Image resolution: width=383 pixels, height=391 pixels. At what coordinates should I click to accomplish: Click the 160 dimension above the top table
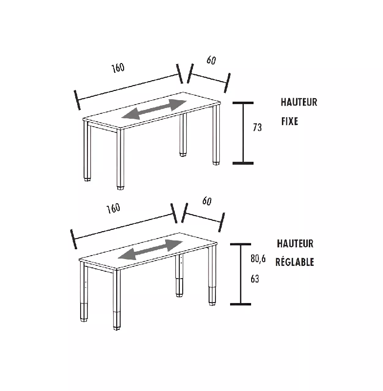click(118, 68)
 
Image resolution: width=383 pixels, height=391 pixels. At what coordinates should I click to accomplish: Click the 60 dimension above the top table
click(211, 60)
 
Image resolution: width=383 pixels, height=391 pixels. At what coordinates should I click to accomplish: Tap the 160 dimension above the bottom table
click(113, 208)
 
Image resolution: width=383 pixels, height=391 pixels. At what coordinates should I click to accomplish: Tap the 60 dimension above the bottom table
click(207, 201)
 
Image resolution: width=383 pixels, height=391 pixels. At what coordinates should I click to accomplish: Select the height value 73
click(257, 128)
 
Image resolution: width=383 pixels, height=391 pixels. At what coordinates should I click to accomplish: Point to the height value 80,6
click(258, 259)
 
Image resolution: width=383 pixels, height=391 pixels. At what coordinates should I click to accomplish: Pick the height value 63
click(255, 279)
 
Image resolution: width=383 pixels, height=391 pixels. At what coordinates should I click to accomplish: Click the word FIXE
click(290, 121)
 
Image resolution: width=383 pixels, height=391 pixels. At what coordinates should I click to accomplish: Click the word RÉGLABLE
click(295, 262)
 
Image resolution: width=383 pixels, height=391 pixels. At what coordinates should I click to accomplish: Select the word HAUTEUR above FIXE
click(299, 102)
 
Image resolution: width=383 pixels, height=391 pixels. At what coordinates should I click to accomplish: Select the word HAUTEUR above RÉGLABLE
click(295, 243)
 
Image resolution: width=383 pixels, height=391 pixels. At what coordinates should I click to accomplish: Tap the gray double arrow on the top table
click(154, 109)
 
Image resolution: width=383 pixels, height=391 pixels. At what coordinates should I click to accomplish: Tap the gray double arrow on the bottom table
click(150, 250)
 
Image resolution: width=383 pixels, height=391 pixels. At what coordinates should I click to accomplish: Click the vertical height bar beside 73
click(243, 133)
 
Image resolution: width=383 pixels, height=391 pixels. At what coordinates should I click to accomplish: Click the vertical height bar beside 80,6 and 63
click(240, 274)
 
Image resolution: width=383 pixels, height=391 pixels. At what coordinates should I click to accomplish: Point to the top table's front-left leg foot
click(120, 187)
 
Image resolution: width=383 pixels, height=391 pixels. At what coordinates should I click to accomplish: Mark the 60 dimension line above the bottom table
click(203, 217)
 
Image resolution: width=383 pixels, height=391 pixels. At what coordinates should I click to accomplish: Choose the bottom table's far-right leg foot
click(213, 303)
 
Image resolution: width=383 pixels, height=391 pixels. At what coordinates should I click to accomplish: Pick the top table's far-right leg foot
click(216, 163)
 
